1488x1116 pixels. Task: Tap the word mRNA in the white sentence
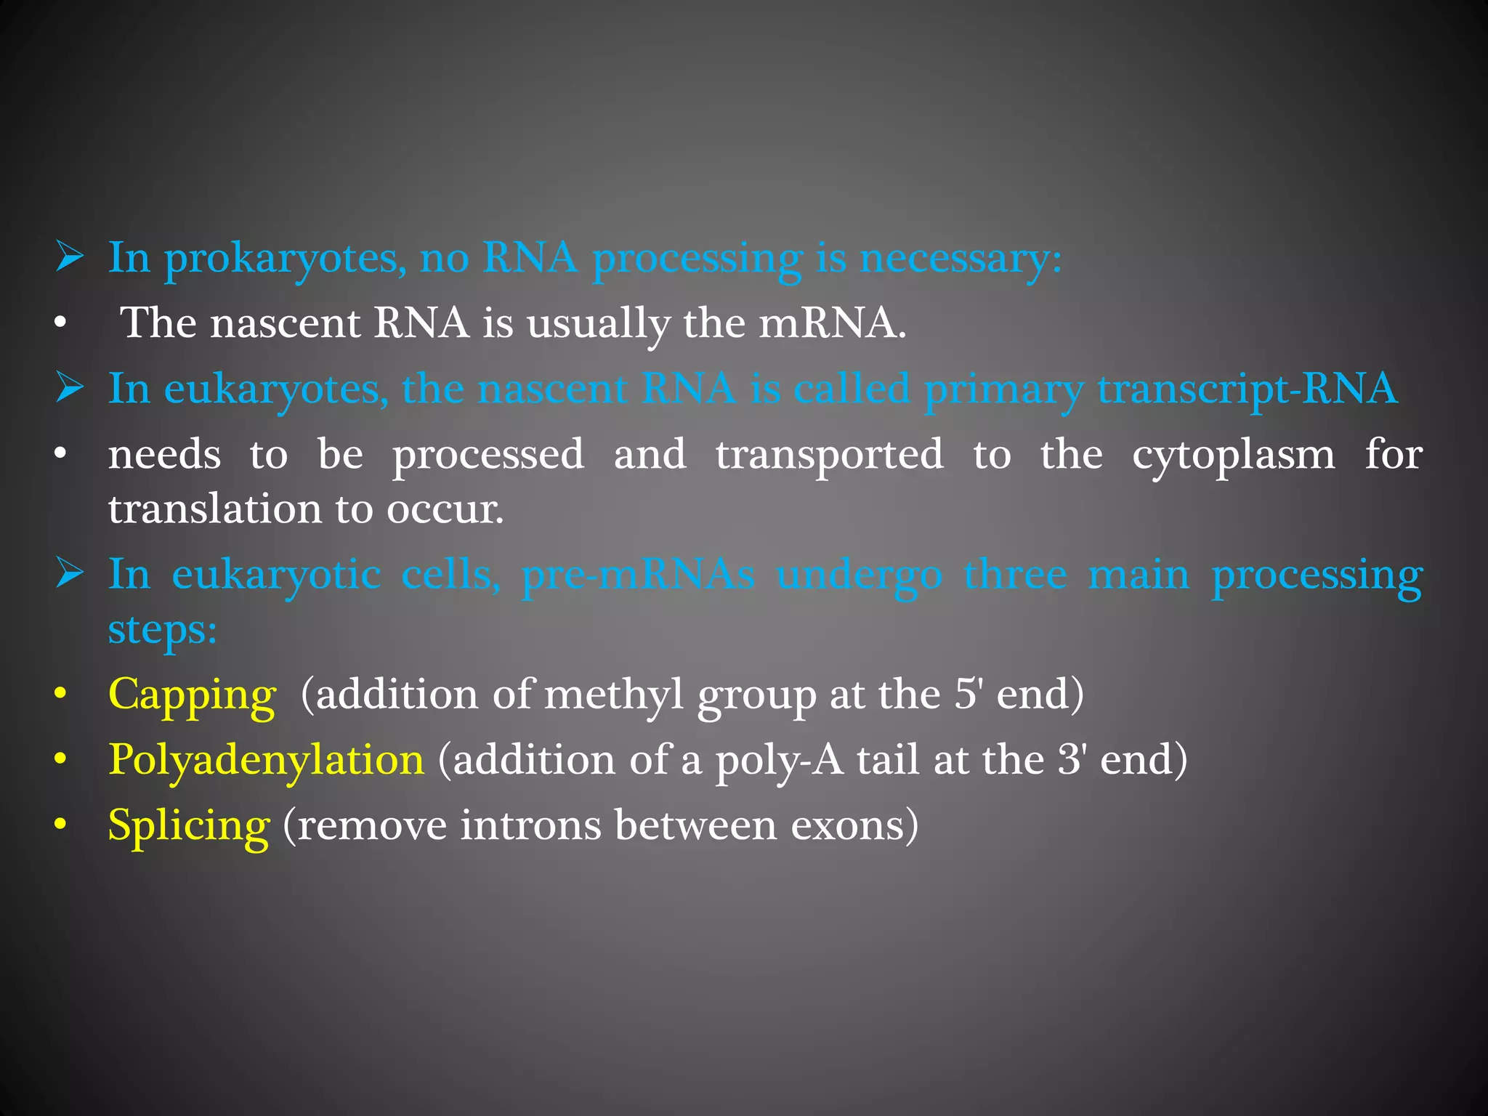coord(832,323)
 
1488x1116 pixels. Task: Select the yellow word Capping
coord(192,695)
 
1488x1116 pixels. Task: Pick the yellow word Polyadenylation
coord(266,760)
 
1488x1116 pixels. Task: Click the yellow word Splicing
coord(189,826)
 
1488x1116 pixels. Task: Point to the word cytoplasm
coord(1233,456)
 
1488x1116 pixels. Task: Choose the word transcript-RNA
coord(1247,389)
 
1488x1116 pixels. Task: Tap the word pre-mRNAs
coord(638,575)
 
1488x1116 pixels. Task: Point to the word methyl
coord(614,695)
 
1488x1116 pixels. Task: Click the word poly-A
coord(779,760)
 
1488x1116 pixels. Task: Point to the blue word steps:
coord(162,628)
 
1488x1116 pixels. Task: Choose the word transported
coord(829,456)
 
